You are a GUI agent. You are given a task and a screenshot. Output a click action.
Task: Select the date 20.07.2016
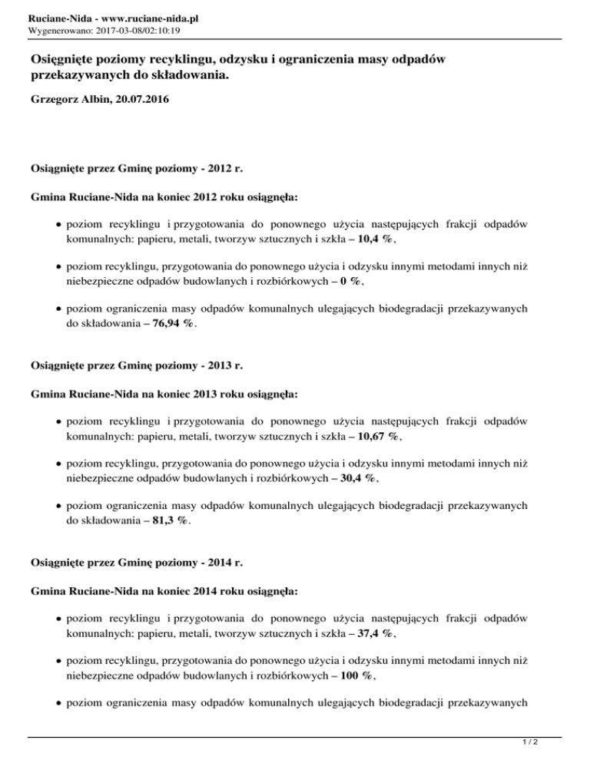(141, 101)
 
